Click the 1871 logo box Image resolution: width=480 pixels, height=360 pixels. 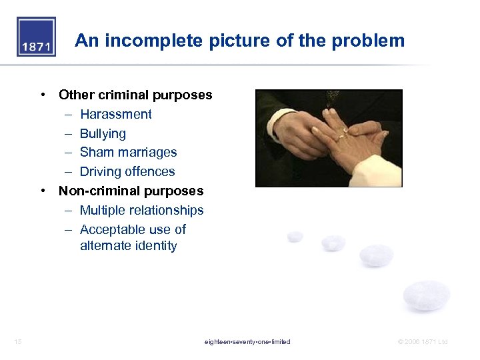click(x=37, y=37)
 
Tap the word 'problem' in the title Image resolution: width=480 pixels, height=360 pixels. click(x=371, y=41)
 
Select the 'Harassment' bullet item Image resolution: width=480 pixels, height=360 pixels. click(x=115, y=114)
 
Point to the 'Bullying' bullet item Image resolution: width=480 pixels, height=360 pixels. click(x=103, y=133)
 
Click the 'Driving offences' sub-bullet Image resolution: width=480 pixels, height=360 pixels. click(x=127, y=171)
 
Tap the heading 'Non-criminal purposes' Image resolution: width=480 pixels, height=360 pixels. click(x=131, y=191)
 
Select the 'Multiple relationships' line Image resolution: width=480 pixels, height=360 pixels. click(x=141, y=210)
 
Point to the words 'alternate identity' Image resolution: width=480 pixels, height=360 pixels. click(x=128, y=245)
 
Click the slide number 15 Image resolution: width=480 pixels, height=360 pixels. click(x=18, y=342)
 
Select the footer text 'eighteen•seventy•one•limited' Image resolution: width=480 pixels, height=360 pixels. click(x=247, y=342)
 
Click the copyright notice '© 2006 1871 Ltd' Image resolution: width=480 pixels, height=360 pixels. click(x=423, y=342)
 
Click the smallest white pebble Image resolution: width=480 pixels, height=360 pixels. click(x=295, y=236)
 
